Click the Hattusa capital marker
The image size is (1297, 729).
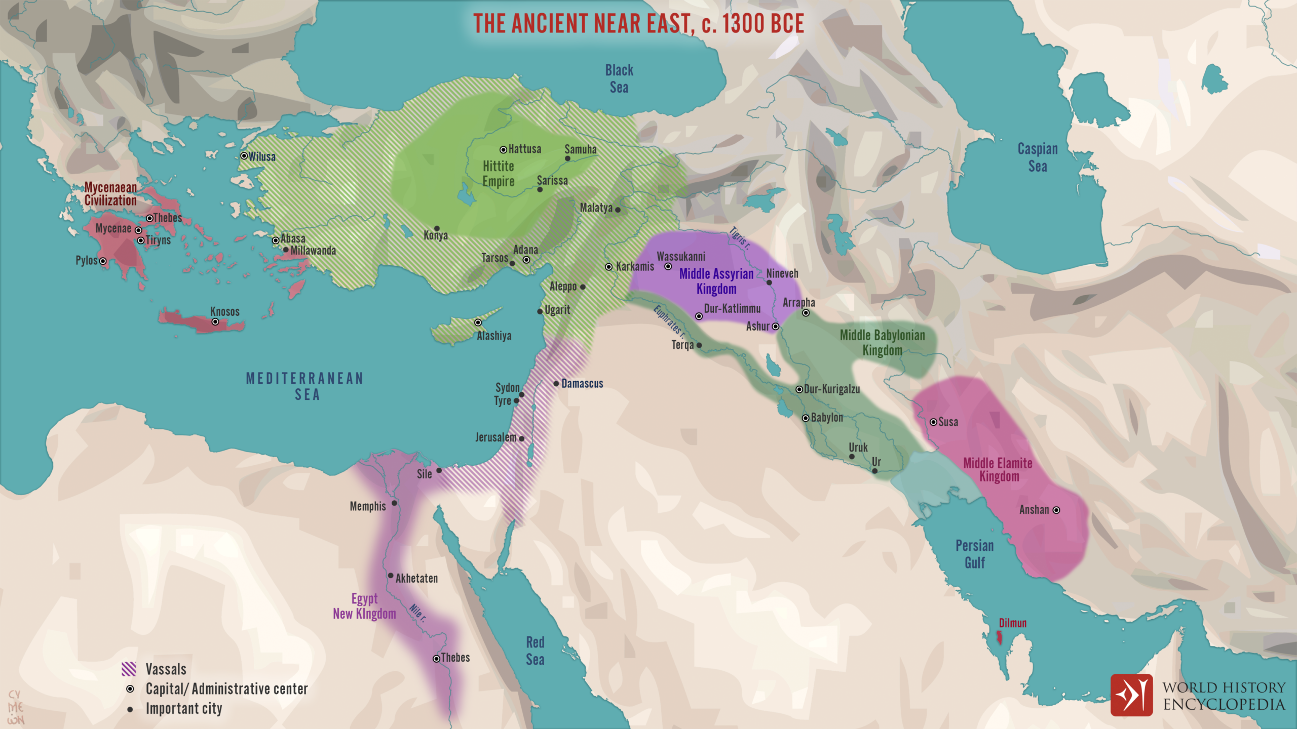pos(503,150)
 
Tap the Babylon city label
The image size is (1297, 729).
pos(827,418)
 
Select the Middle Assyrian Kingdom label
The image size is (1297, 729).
pos(716,281)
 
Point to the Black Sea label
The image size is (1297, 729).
pos(619,79)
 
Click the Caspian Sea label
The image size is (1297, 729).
pos(1038,157)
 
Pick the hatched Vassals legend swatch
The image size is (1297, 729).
pos(129,669)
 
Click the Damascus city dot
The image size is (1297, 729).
pos(556,384)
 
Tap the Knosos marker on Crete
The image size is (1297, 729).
pos(215,322)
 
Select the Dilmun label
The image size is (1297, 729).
pos(1012,623)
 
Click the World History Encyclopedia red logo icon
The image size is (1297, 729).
pos(1131,695)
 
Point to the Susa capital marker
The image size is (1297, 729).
pos(933,422)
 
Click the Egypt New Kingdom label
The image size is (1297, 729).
pos(364,606)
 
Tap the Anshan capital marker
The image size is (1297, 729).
pos(1056,510)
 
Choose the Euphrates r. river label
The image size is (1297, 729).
pos(669,321)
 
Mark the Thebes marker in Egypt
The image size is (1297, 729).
pos(436,659)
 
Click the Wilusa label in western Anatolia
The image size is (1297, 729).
pos(262,157)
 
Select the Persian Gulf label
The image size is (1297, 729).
pos(974,554)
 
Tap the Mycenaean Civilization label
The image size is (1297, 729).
pos(110,194)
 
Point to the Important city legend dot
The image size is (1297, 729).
pos(130,710)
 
